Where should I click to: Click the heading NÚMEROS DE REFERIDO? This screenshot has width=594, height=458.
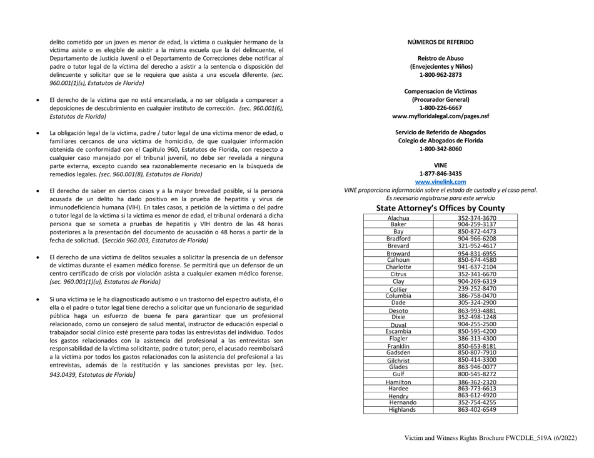[x=440, y=42]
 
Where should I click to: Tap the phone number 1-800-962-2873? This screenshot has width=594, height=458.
[x=440, y=74]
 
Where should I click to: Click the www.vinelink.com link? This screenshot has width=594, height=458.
[x=440, y=182]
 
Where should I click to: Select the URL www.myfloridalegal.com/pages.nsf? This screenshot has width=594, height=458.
[x=440, y=116]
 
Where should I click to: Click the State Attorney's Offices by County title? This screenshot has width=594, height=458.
[x=440, y=206]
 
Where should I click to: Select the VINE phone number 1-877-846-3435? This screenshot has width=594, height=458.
[x=440, y=174]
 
